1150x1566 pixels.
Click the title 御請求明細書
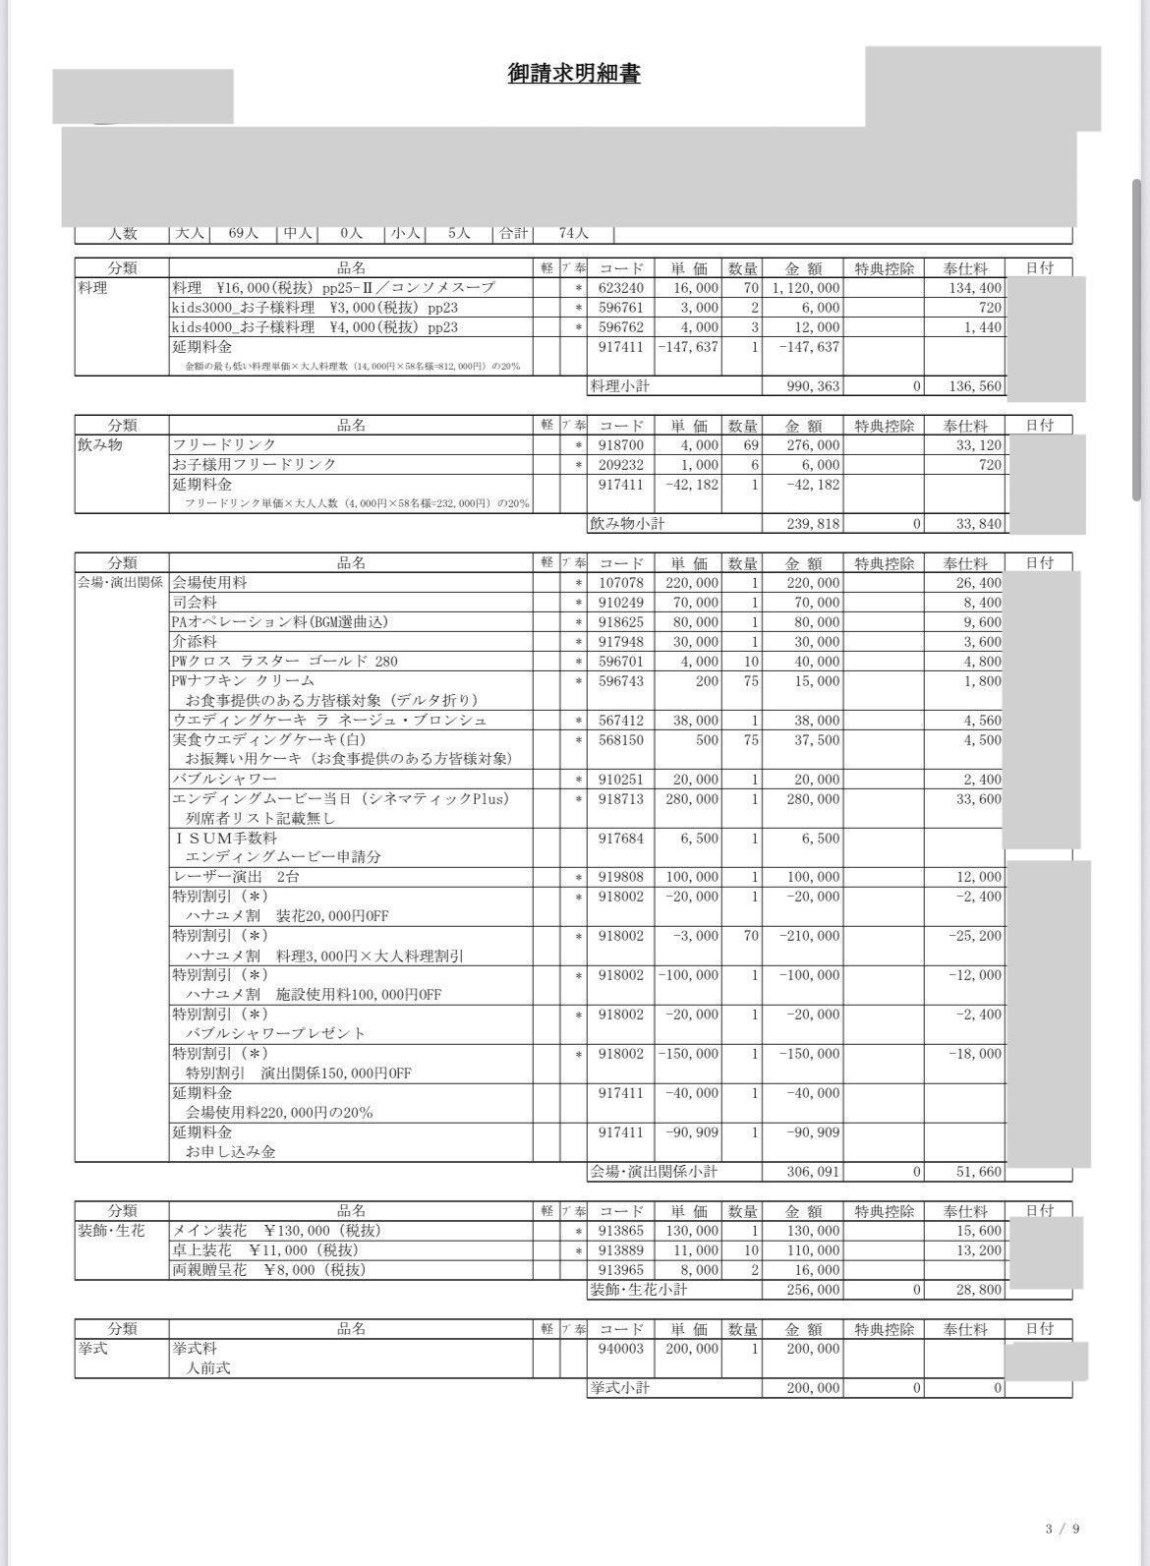pos(574,74)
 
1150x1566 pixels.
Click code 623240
pos(621,288)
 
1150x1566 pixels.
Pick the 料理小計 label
pos(619,386)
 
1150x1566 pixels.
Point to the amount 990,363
pos(813,386)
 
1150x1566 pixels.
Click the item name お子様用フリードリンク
pos(254,464)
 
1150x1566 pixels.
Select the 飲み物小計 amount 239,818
pos(813,524)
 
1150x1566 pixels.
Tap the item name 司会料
pos(195,602)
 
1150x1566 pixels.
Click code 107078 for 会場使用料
pos(621,583)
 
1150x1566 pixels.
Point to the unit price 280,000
pos(692,799)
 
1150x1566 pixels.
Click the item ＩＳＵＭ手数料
pos(225,838)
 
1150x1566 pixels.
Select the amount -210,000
pos(809,936)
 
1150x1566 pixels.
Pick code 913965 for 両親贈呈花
pos(621,1270)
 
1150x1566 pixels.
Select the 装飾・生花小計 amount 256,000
pos(813,1290)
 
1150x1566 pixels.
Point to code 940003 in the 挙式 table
pos(621,1349)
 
